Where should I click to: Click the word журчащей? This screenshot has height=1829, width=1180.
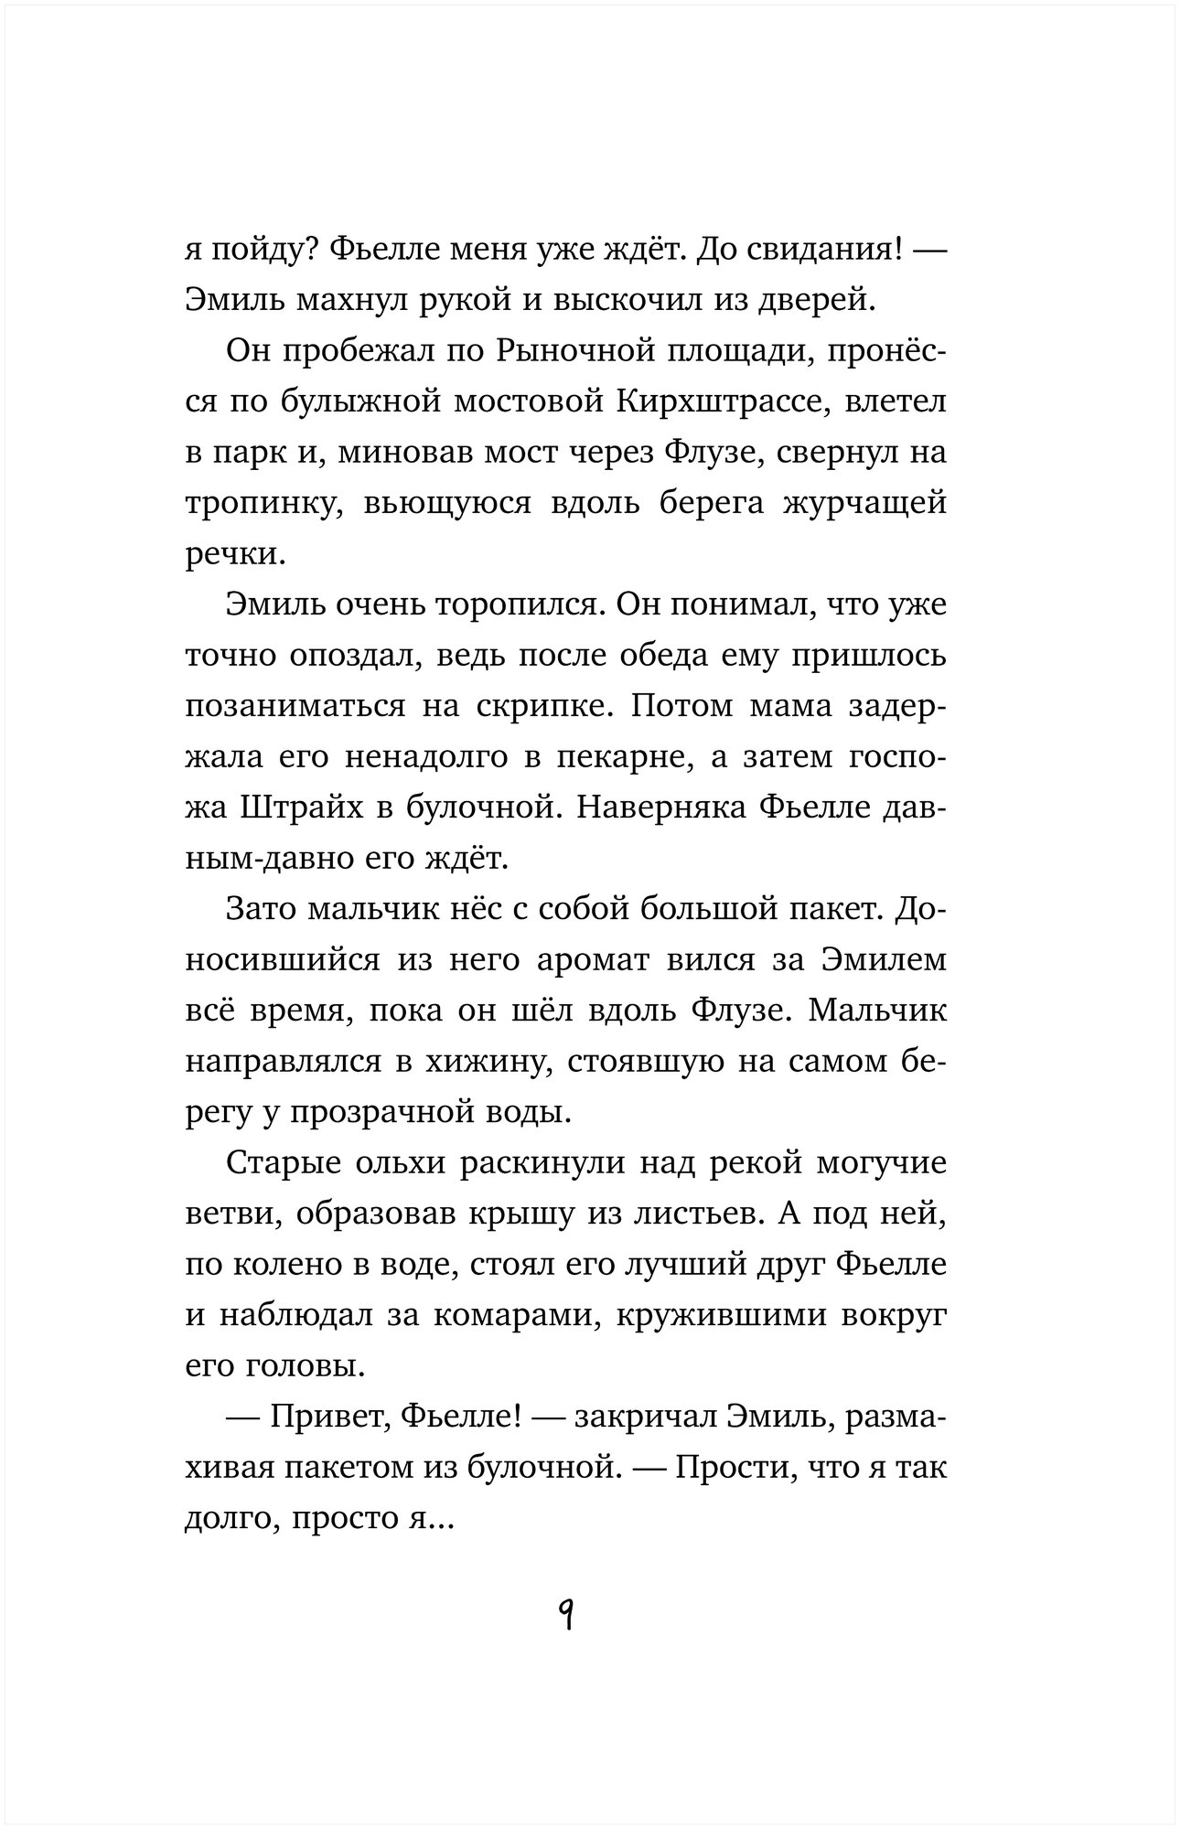(x=864, y=504)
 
